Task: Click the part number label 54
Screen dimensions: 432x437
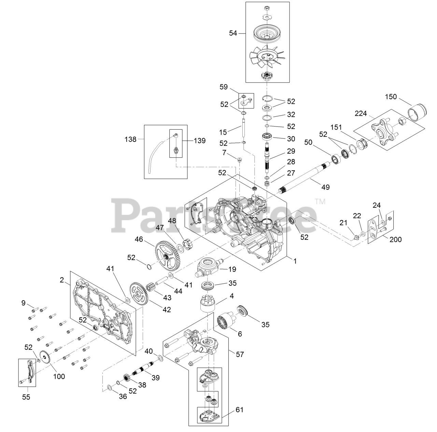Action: pos(233,33)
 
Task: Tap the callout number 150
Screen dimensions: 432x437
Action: pos(391,97)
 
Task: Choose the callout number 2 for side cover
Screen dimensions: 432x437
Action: pos(62,280)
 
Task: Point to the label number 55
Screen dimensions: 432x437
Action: pos(26,397)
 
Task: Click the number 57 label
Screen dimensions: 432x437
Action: pos(240,355)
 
